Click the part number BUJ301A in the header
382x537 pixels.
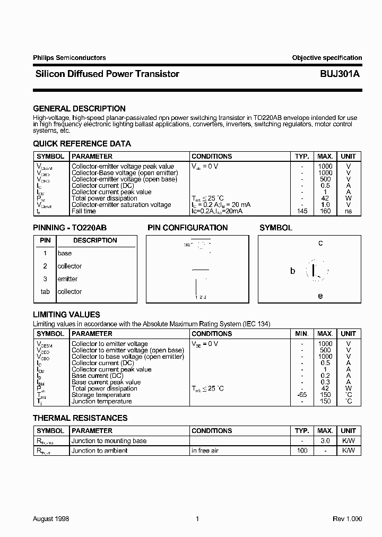340,74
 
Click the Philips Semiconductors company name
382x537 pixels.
70,58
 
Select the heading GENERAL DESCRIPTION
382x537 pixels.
80,109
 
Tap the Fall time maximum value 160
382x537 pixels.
325,211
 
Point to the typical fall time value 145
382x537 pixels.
302,211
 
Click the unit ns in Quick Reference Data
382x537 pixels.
349,211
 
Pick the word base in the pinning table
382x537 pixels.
65,254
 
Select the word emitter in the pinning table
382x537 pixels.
67,279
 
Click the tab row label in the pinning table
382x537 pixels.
45,292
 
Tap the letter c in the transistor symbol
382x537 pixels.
320,244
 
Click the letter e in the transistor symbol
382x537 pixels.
320,296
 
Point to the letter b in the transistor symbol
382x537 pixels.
292,271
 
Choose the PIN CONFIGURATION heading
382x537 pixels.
188,228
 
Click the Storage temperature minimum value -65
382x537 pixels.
302,395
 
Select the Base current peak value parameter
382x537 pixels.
106,382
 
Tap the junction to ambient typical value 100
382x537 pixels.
302,451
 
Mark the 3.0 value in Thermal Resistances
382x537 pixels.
325,441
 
